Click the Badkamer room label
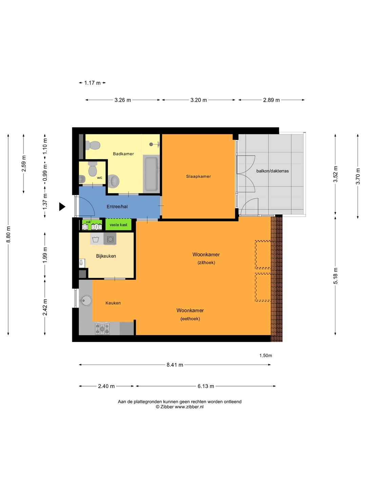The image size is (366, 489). coord(123,154)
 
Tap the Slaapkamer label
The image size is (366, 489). coord(199,177)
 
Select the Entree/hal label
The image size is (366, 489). coord(117,206)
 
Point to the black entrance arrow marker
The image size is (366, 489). coord(62,206)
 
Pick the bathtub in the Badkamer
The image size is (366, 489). coord(151,174)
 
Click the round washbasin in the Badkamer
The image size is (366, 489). coord(114,180)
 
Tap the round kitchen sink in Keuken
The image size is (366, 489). coord(86,301)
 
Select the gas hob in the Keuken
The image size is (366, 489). coord(102,328)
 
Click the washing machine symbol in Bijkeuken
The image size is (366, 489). coord(96,239)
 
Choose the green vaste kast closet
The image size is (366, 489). coord(119,224)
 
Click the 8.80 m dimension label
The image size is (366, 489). coord(8,234)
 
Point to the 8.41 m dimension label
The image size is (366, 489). coord(175,365)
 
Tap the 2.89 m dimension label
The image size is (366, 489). coord(271,100)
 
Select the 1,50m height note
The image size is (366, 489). coord(266,355)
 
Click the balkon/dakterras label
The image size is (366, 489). coord(272,171)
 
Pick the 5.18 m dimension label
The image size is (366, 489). coord(335,276)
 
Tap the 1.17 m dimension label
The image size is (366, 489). coord(93,83)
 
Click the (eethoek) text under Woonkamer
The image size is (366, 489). coord(190,319)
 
